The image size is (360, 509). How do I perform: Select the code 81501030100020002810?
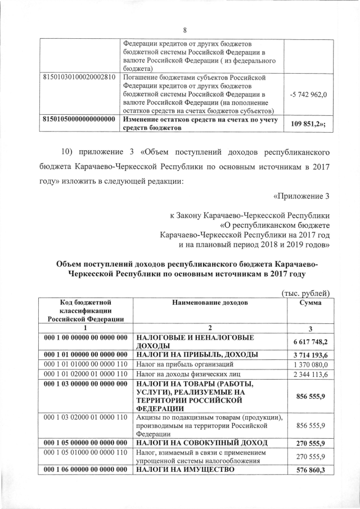[x=79, y=77]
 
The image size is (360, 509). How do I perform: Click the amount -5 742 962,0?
[x=309, y=94]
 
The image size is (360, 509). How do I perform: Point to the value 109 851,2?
[x=309, y=124]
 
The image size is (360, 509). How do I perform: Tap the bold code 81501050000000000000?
[x=79, y=119]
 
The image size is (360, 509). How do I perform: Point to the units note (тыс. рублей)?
[x=304, y=292]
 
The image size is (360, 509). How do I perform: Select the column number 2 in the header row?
[x=209, y=328]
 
